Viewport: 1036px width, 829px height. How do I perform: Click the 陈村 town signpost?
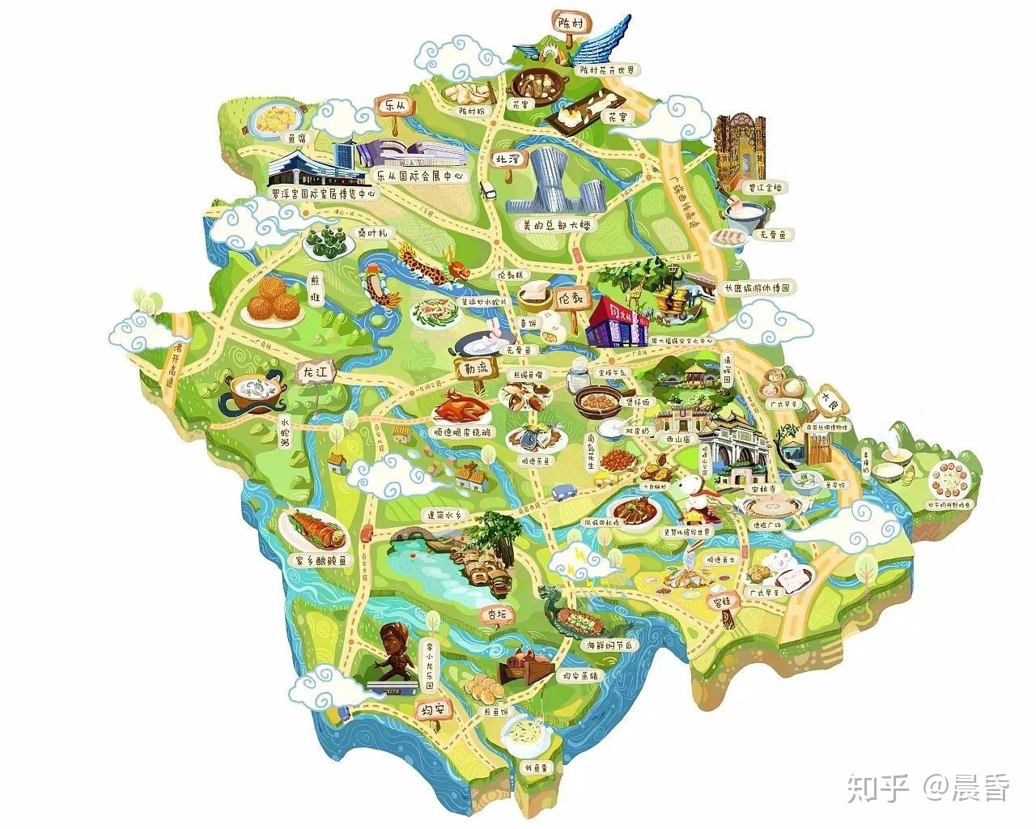pos(565,22)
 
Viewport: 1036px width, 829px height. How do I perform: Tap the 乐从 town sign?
pos(394,106)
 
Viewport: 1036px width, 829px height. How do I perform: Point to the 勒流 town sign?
pos(473,368)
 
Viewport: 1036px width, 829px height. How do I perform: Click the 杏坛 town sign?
pos(495,614)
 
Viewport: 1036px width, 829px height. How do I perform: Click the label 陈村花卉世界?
pos(608,70)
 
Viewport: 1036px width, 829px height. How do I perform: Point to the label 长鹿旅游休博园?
pos(756,287)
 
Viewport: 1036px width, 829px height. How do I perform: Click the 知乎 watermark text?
pos(877,787)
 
